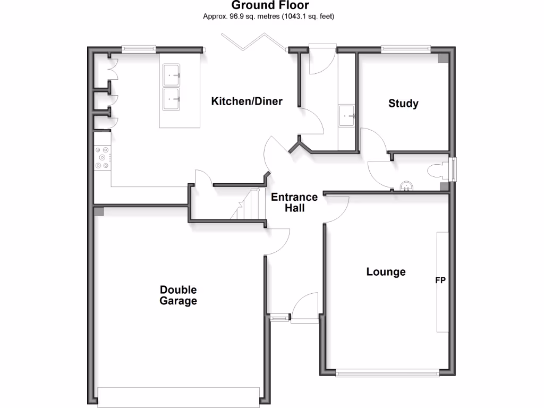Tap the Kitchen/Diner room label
(x=246, y=101)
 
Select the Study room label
(x=403, y=104)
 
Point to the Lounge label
(x=386, y=272)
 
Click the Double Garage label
(x=178, y=295)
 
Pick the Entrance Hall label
(x=294, y=202)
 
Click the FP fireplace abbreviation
(x=440, y=280)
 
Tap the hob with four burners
(x=102, y=158)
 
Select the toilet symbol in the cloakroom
(x=438, y=170)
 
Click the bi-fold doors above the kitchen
(x=254, y=42)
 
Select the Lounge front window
(x=387, y=372)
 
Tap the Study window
(x=405, y=49)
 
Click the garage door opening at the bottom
(x=178, y=396)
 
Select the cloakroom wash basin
(x=406, y=186)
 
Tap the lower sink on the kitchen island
(x=172, y=99)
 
